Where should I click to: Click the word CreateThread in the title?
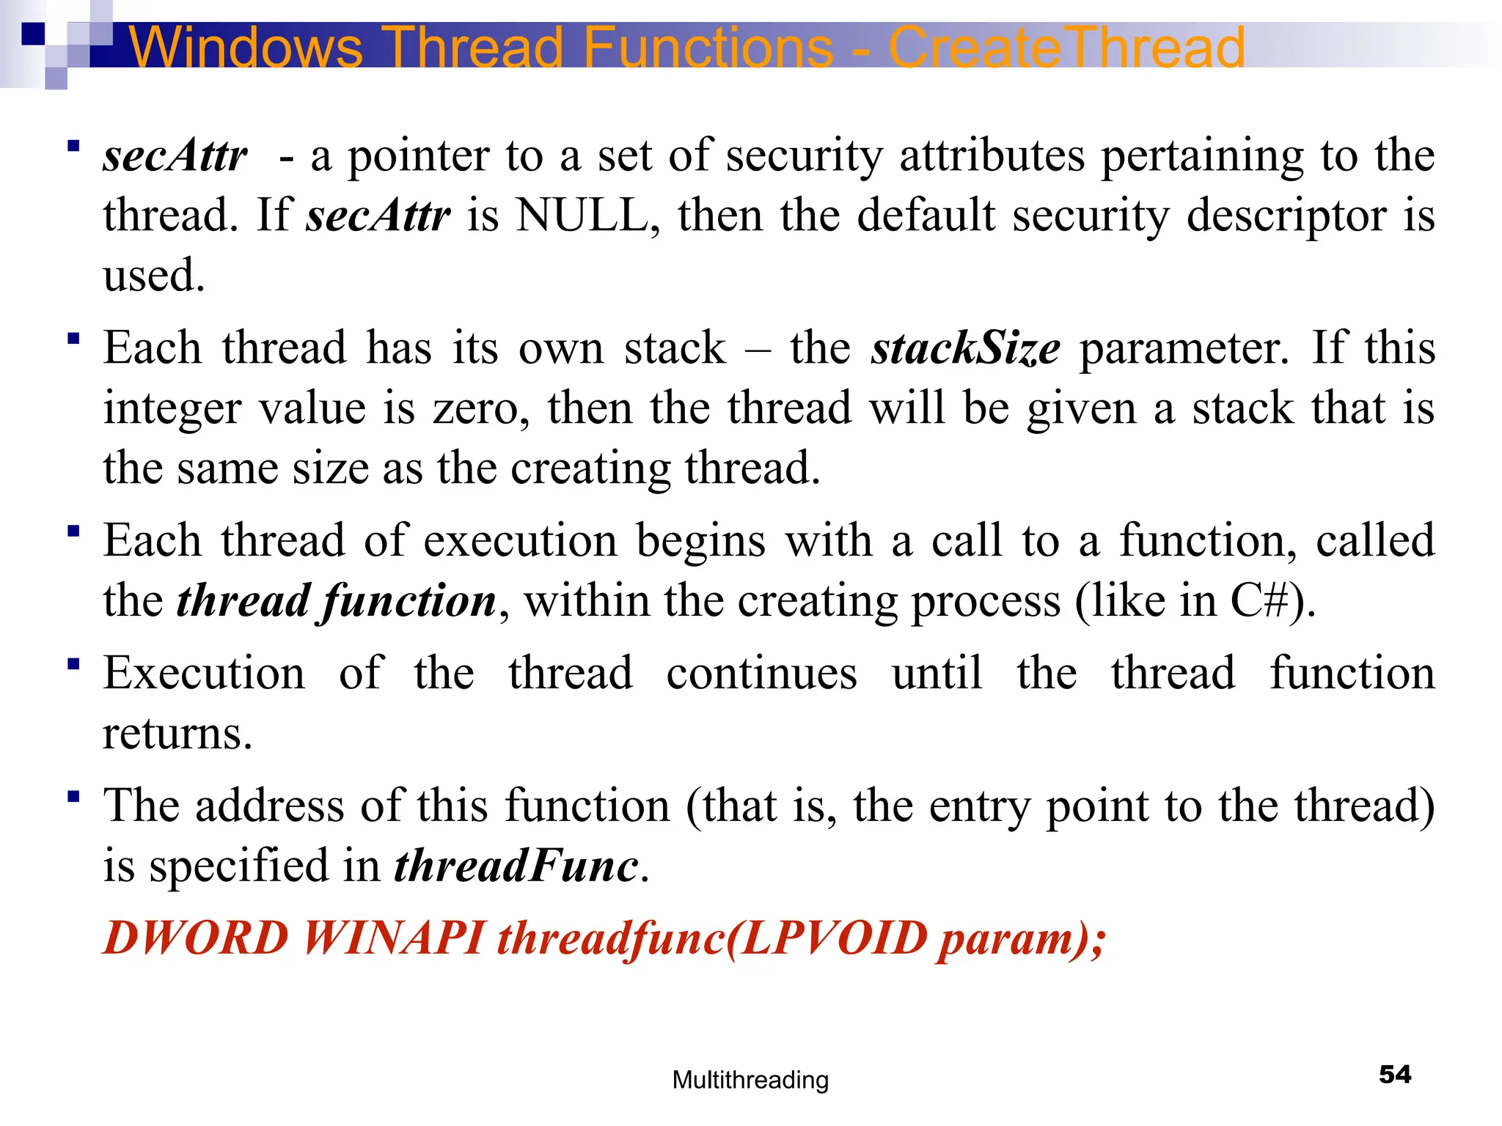point(1066,47)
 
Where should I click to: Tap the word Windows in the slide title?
point(246,47)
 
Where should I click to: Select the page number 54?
point(1395,1074)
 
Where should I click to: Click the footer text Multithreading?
point(750,1080)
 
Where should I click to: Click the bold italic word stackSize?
point(966,347)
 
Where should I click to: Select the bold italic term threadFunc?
point(516,866)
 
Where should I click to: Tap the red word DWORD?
point(196,938)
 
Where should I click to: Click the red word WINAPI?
point(394,938)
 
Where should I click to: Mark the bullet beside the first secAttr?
point(73,146)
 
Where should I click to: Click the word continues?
point(761,673)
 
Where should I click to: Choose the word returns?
point(177,733)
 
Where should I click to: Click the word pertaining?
point(1203,156)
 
